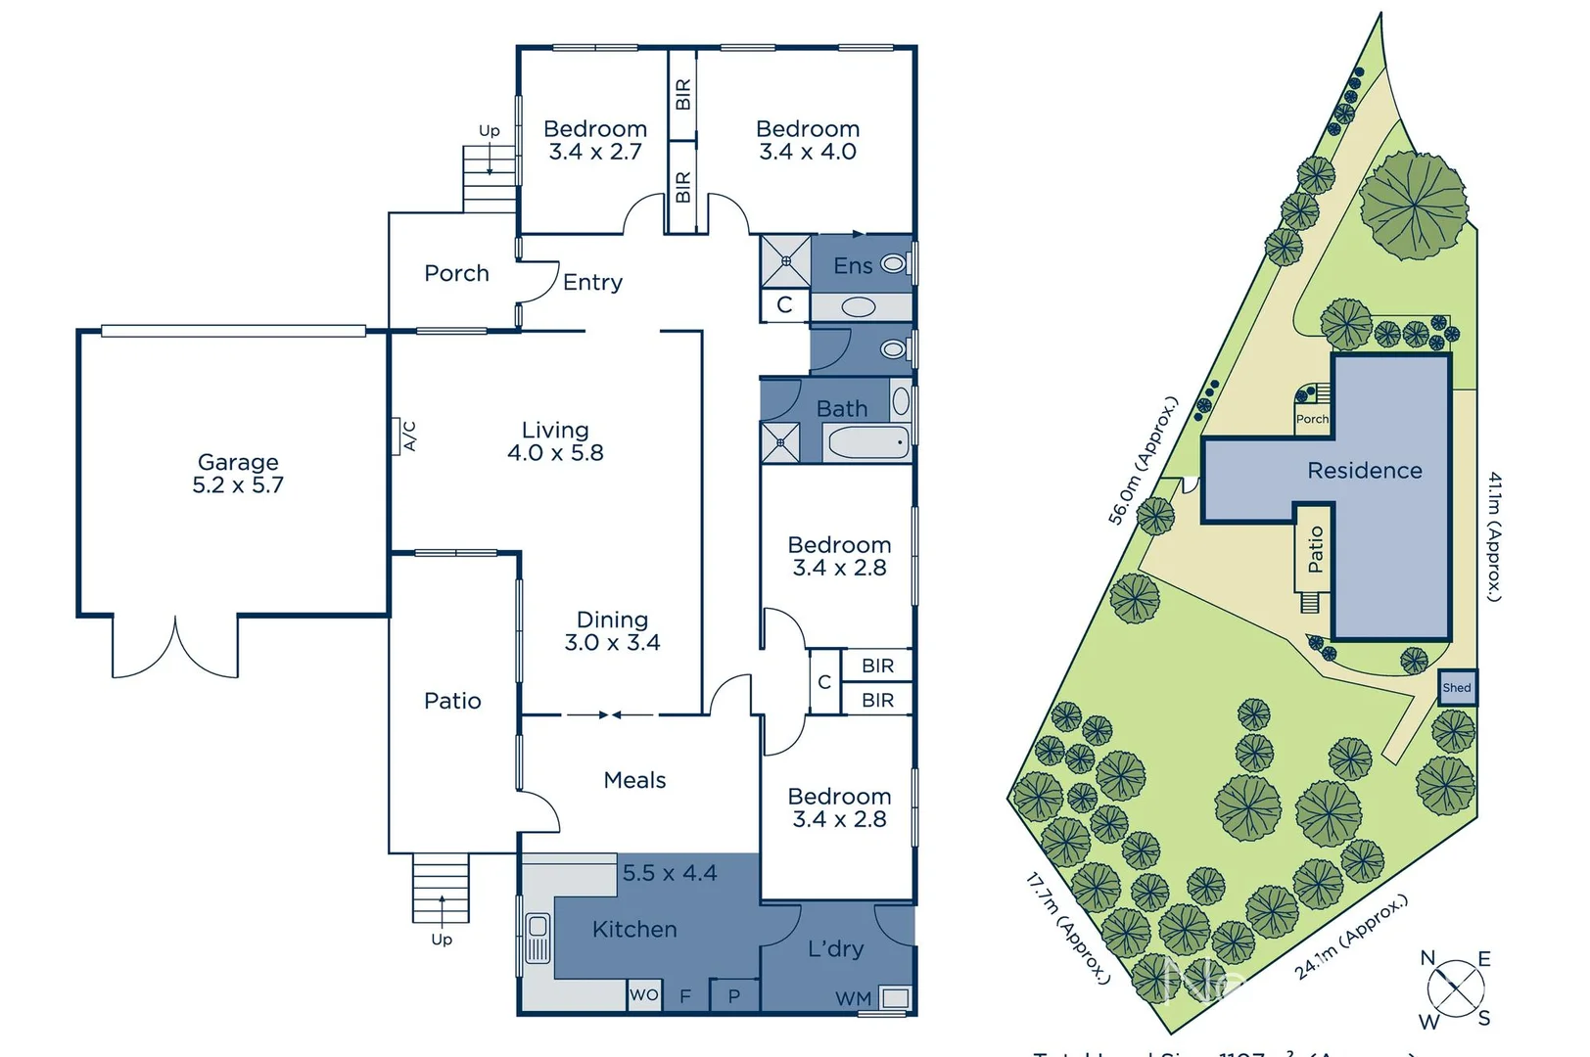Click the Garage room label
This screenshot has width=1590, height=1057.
click(x=238, y=462)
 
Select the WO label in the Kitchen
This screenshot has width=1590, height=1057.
click(x=644, y=994)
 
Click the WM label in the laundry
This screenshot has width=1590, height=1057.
click(x=853, y=998)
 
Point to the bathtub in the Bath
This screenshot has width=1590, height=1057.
click(x=868, y=443)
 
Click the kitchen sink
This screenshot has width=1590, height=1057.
click(x=538, y=939)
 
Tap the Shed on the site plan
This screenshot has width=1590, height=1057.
click(x=1456, y=687)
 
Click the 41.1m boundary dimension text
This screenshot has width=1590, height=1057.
click(x=1494, y=536)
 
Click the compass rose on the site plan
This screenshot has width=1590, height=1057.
click(x=1456, y=988)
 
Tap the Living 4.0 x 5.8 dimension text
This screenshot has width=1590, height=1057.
click(x=555, y=453)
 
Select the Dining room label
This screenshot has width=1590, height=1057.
click(x=612, y=620)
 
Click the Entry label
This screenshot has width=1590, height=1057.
click(x=592, y=283)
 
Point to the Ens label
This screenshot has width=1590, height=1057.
click(x=853, y=265)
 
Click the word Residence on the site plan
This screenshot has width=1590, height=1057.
click(x=1364, y=471)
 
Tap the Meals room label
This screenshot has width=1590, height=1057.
click(x=634, y=780)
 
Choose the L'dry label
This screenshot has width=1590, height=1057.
click(x=835, y=948)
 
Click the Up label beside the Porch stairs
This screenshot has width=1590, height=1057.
click(x=489, y=131)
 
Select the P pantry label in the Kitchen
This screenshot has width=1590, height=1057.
click(x=734, y=996)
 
